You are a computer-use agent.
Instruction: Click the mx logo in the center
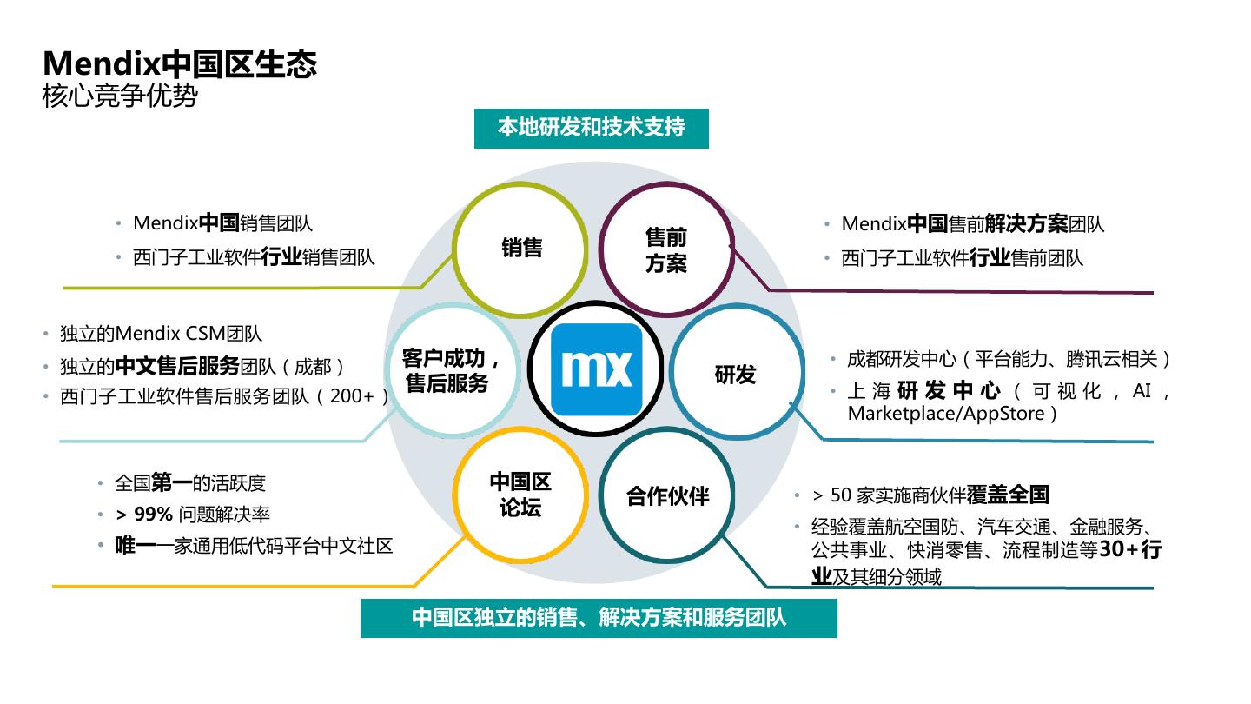(x=597, y=369)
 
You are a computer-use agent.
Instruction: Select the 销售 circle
(x=521, y=248)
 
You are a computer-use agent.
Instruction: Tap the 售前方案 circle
(x=666, y=250)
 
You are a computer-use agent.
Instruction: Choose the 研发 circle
(x=735, y=375)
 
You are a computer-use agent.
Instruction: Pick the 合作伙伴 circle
(x=667, y=496)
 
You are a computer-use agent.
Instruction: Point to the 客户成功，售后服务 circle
(x=449, y=371)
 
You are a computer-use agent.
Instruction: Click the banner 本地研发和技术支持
(x=592, y=127)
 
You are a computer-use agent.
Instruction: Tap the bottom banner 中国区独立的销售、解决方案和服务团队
(x=599, y=618)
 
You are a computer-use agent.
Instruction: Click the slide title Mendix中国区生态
(x=180, y=63)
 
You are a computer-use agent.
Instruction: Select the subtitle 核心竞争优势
(x=120, y=96)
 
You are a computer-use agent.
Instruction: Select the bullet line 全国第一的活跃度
(x=190, y=483)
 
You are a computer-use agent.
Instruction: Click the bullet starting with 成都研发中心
(x=1009, y=359)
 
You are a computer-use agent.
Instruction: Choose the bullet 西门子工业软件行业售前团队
(x=963, y=258)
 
